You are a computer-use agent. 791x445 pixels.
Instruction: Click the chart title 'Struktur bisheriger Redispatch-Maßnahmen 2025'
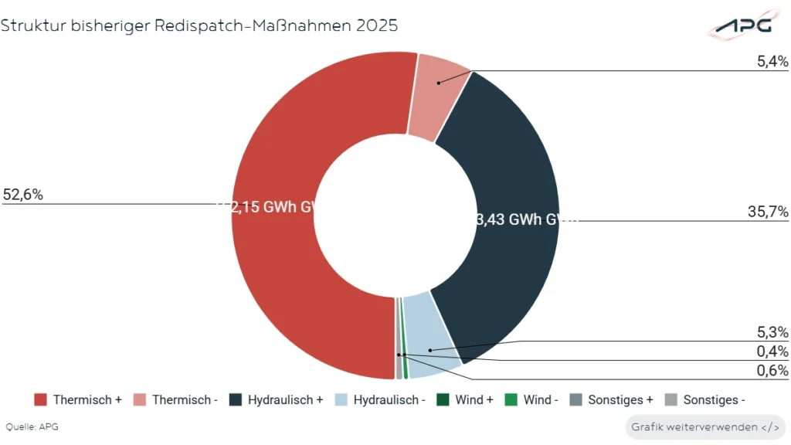(199, 25)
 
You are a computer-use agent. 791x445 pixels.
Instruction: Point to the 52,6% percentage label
(22, 195)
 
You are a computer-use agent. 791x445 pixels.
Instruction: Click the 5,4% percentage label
(772, 61)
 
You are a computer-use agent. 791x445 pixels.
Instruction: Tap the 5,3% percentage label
(772, 332)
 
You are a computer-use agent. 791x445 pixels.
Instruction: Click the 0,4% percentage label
(772, 352)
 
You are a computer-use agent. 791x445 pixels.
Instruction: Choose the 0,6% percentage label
(772, 371)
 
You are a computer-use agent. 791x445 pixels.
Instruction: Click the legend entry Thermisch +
(78, 399)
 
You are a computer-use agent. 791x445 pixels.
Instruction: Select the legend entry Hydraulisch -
(381, 399)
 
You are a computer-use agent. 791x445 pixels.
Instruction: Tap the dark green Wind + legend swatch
(443, 399)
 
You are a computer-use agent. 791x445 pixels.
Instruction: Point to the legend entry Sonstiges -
(705, 399)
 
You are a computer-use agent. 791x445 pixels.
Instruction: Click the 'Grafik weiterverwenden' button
(704, 426)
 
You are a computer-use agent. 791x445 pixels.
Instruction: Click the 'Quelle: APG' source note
(32, 426)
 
